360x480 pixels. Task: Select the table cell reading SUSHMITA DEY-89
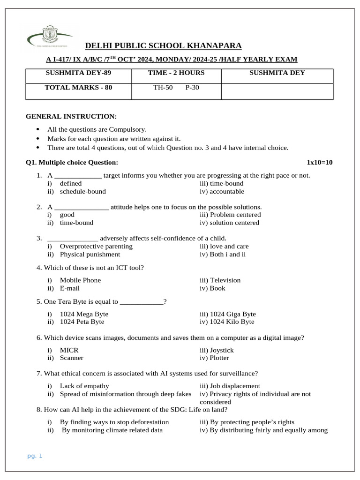[78, 73]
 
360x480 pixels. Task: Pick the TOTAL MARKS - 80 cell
[78, 87]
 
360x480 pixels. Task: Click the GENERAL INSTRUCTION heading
[71, 116]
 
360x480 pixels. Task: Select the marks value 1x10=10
[319, 163]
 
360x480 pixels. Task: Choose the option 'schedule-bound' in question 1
[82, 191]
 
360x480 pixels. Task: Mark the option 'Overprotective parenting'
[96, 246]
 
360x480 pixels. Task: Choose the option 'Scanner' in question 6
[72, 358]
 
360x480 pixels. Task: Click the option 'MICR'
[69, 350]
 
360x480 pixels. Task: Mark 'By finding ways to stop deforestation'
[114, 422]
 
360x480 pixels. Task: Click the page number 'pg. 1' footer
[35, 456]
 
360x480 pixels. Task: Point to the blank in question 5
[142, 302]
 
